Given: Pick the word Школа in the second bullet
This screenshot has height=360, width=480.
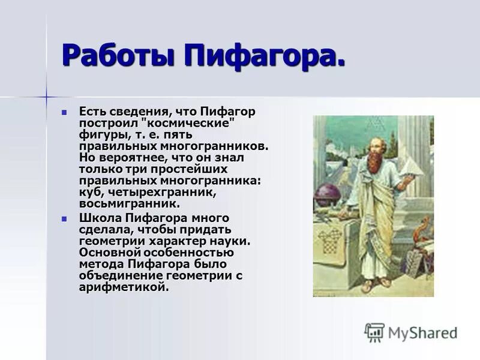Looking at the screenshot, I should pyautogui.click(x=100, y=218).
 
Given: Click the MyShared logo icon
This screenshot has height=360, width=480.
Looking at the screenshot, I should pyautogui.click(x=374, y=332).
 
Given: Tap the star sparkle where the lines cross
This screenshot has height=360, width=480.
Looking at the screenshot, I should pyautogui.click(x=47, y=96).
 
